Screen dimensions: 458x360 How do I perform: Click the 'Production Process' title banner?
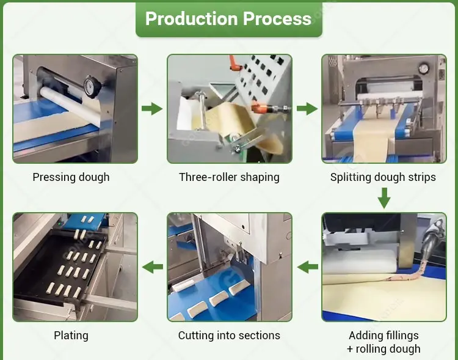(x=228, y=19)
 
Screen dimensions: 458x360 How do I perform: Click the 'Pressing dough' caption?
(x=71, y=177)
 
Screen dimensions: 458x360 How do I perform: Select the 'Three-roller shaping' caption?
(x=229, y=177)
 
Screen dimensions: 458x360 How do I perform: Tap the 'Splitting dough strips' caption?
(x=383, y=177)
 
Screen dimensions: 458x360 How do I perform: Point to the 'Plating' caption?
(x=71, y=335)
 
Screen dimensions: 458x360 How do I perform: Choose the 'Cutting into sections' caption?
(x=229, y=335)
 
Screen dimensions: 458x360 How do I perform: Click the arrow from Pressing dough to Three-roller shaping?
(x=152, y=109)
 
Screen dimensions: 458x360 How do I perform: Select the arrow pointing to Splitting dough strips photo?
(x=307, y=109)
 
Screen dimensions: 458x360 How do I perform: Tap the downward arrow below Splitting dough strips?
(x=383, y=198)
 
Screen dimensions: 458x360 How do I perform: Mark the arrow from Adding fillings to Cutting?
(x=307, y=266)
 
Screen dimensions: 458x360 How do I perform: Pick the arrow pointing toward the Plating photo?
(x=152, y=266)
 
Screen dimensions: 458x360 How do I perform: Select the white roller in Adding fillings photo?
(x=360, y=265)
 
